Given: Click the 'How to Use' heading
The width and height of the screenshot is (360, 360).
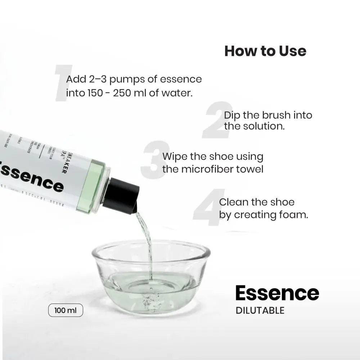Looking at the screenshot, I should [265, 51].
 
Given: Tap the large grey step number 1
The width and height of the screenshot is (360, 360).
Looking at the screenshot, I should [62, 83].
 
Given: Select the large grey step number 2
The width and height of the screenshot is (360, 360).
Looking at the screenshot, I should [217, 121].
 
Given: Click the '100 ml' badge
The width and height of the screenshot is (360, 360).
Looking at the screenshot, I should [66, 310].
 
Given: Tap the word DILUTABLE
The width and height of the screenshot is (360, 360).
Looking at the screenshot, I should [260, 310].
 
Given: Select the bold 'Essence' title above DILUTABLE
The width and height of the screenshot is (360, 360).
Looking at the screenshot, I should [277, 293].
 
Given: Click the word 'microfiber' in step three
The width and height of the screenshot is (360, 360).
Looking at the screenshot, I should [206, 169].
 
